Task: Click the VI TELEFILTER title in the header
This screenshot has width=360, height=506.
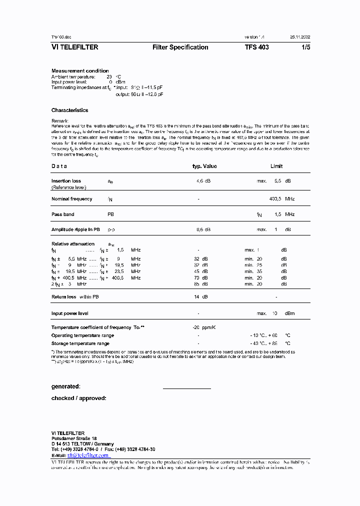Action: point(74,47)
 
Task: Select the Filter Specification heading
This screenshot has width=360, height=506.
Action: point(180,47)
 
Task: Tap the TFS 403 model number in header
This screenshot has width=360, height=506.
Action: point(256,47)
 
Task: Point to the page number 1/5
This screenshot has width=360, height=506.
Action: point(305,47)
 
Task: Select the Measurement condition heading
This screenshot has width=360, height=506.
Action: point(80,71)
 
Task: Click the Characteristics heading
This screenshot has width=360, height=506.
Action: point(69,110)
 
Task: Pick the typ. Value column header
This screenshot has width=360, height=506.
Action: point(205,166)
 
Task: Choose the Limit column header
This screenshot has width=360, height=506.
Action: point(276,166)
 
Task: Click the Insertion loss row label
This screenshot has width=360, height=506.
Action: point(66,181)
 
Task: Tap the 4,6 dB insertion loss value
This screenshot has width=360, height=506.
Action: point(203,181)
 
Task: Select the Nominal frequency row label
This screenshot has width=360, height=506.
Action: point(71,199)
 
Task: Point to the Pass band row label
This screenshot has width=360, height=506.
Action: point(62,214)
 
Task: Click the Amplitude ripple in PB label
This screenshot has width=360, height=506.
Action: point(75,229)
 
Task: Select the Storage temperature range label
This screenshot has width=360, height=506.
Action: point(80,344)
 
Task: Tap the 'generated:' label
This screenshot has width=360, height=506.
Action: point(65,386)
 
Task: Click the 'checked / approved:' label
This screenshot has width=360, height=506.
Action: point(78,398)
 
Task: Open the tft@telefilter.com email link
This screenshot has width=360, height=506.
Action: point(88,456)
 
